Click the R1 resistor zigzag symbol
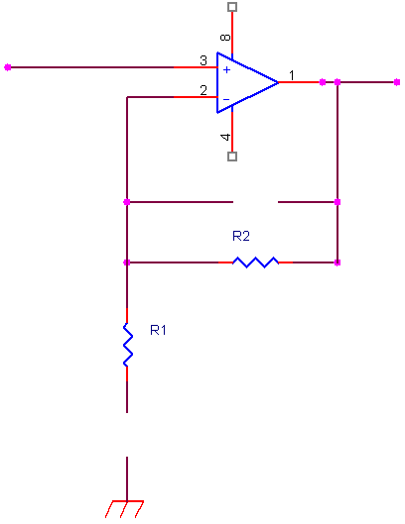tap(128, 345)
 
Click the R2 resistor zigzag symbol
tap(255, 262)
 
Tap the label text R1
tap(158, 330)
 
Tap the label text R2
tap(241, 236)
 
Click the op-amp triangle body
tap(247, 82)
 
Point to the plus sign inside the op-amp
tap(226, 70)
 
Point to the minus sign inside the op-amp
tap(226, 99)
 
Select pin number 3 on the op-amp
tap(203, 60)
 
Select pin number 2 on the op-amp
tap(203, 90)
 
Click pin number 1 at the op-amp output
tap(292, 75)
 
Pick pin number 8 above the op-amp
tap(225, 37)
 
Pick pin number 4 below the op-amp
tap(225, 137)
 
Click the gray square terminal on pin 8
tap(232, 7)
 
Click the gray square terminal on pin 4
tap(232, 157)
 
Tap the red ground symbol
tap(125, 509)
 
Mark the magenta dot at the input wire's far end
tap(8, 67)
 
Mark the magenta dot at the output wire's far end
tap(397, 82)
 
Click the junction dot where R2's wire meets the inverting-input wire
tap(127, 262)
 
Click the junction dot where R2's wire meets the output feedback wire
tap(337, 262)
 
